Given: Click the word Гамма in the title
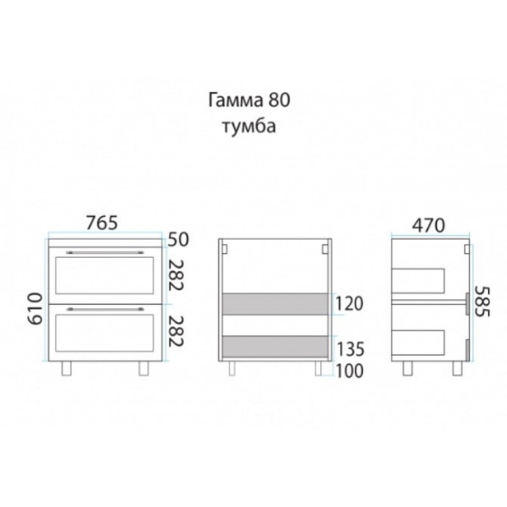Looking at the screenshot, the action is tap(235, 101).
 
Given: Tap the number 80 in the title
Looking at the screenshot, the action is tap(279, 100).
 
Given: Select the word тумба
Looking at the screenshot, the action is tap(249, 126).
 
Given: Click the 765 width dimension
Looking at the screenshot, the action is tap(102, 223).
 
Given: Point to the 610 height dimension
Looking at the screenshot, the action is tap(35, 309).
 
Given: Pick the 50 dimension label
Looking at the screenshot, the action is tap(178, 240).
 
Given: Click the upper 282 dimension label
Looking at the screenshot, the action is tap(176, 275).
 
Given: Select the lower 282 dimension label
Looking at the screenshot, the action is tap(176, 331).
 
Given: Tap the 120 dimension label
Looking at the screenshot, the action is tap(349, 303).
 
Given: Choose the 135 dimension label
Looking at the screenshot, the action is tap(350, 349).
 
